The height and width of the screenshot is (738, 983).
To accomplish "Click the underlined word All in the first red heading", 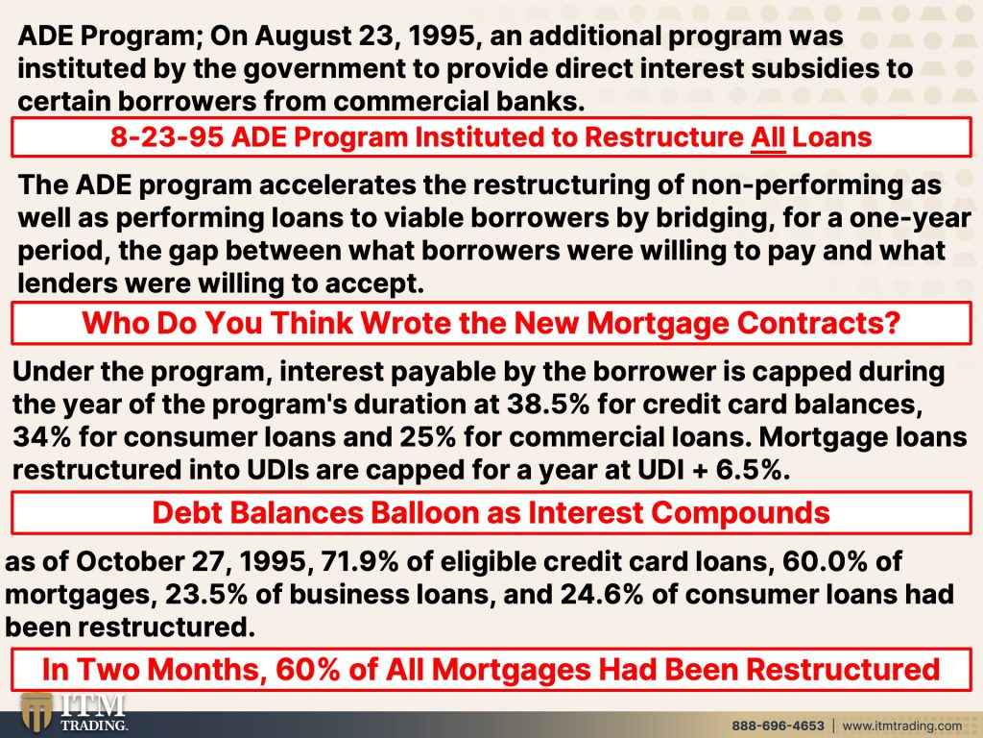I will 767,137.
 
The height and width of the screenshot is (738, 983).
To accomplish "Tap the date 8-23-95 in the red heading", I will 160,137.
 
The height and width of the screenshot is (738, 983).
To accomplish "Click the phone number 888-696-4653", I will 777,725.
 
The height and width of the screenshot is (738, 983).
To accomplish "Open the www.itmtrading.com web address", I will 901,725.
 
